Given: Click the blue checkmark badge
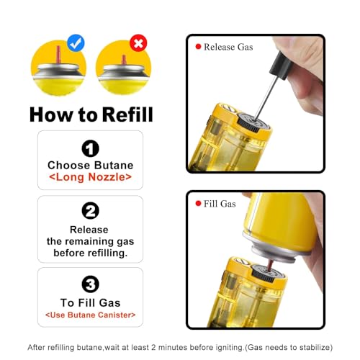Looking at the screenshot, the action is click(x=76, y=43).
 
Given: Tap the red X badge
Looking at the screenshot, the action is click(x=138, y=43).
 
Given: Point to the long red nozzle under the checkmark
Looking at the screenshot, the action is click(x=58, y=55).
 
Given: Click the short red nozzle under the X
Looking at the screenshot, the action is click(x=124, y=60).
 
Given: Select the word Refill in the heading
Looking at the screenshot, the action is click(x=127, y=114).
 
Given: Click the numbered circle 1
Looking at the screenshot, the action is click(x=90, y=148).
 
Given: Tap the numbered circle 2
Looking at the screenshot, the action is click(x=90, y=211).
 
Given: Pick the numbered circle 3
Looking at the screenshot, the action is click(x=90, y=284).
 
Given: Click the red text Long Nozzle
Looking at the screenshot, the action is click(x=91, y=177).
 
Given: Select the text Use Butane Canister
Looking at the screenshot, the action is click(x=91, y=315).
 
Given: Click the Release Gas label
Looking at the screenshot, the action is click(x=228, y=47).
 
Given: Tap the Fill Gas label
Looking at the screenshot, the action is click(x=220, y=204).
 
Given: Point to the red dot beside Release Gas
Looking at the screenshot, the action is click(x=198, y=47).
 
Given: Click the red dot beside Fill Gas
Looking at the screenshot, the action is click(x=198, y=204).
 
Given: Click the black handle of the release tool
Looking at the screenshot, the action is click(x=282, y=66).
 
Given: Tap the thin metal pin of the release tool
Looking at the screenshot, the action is click(x=266, y=98).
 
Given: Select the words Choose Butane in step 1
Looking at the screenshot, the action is click(x=90, y=166).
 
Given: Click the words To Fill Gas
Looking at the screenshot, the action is click(x=90, y=302).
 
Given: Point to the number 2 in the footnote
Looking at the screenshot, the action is click(x=153, y=347).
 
